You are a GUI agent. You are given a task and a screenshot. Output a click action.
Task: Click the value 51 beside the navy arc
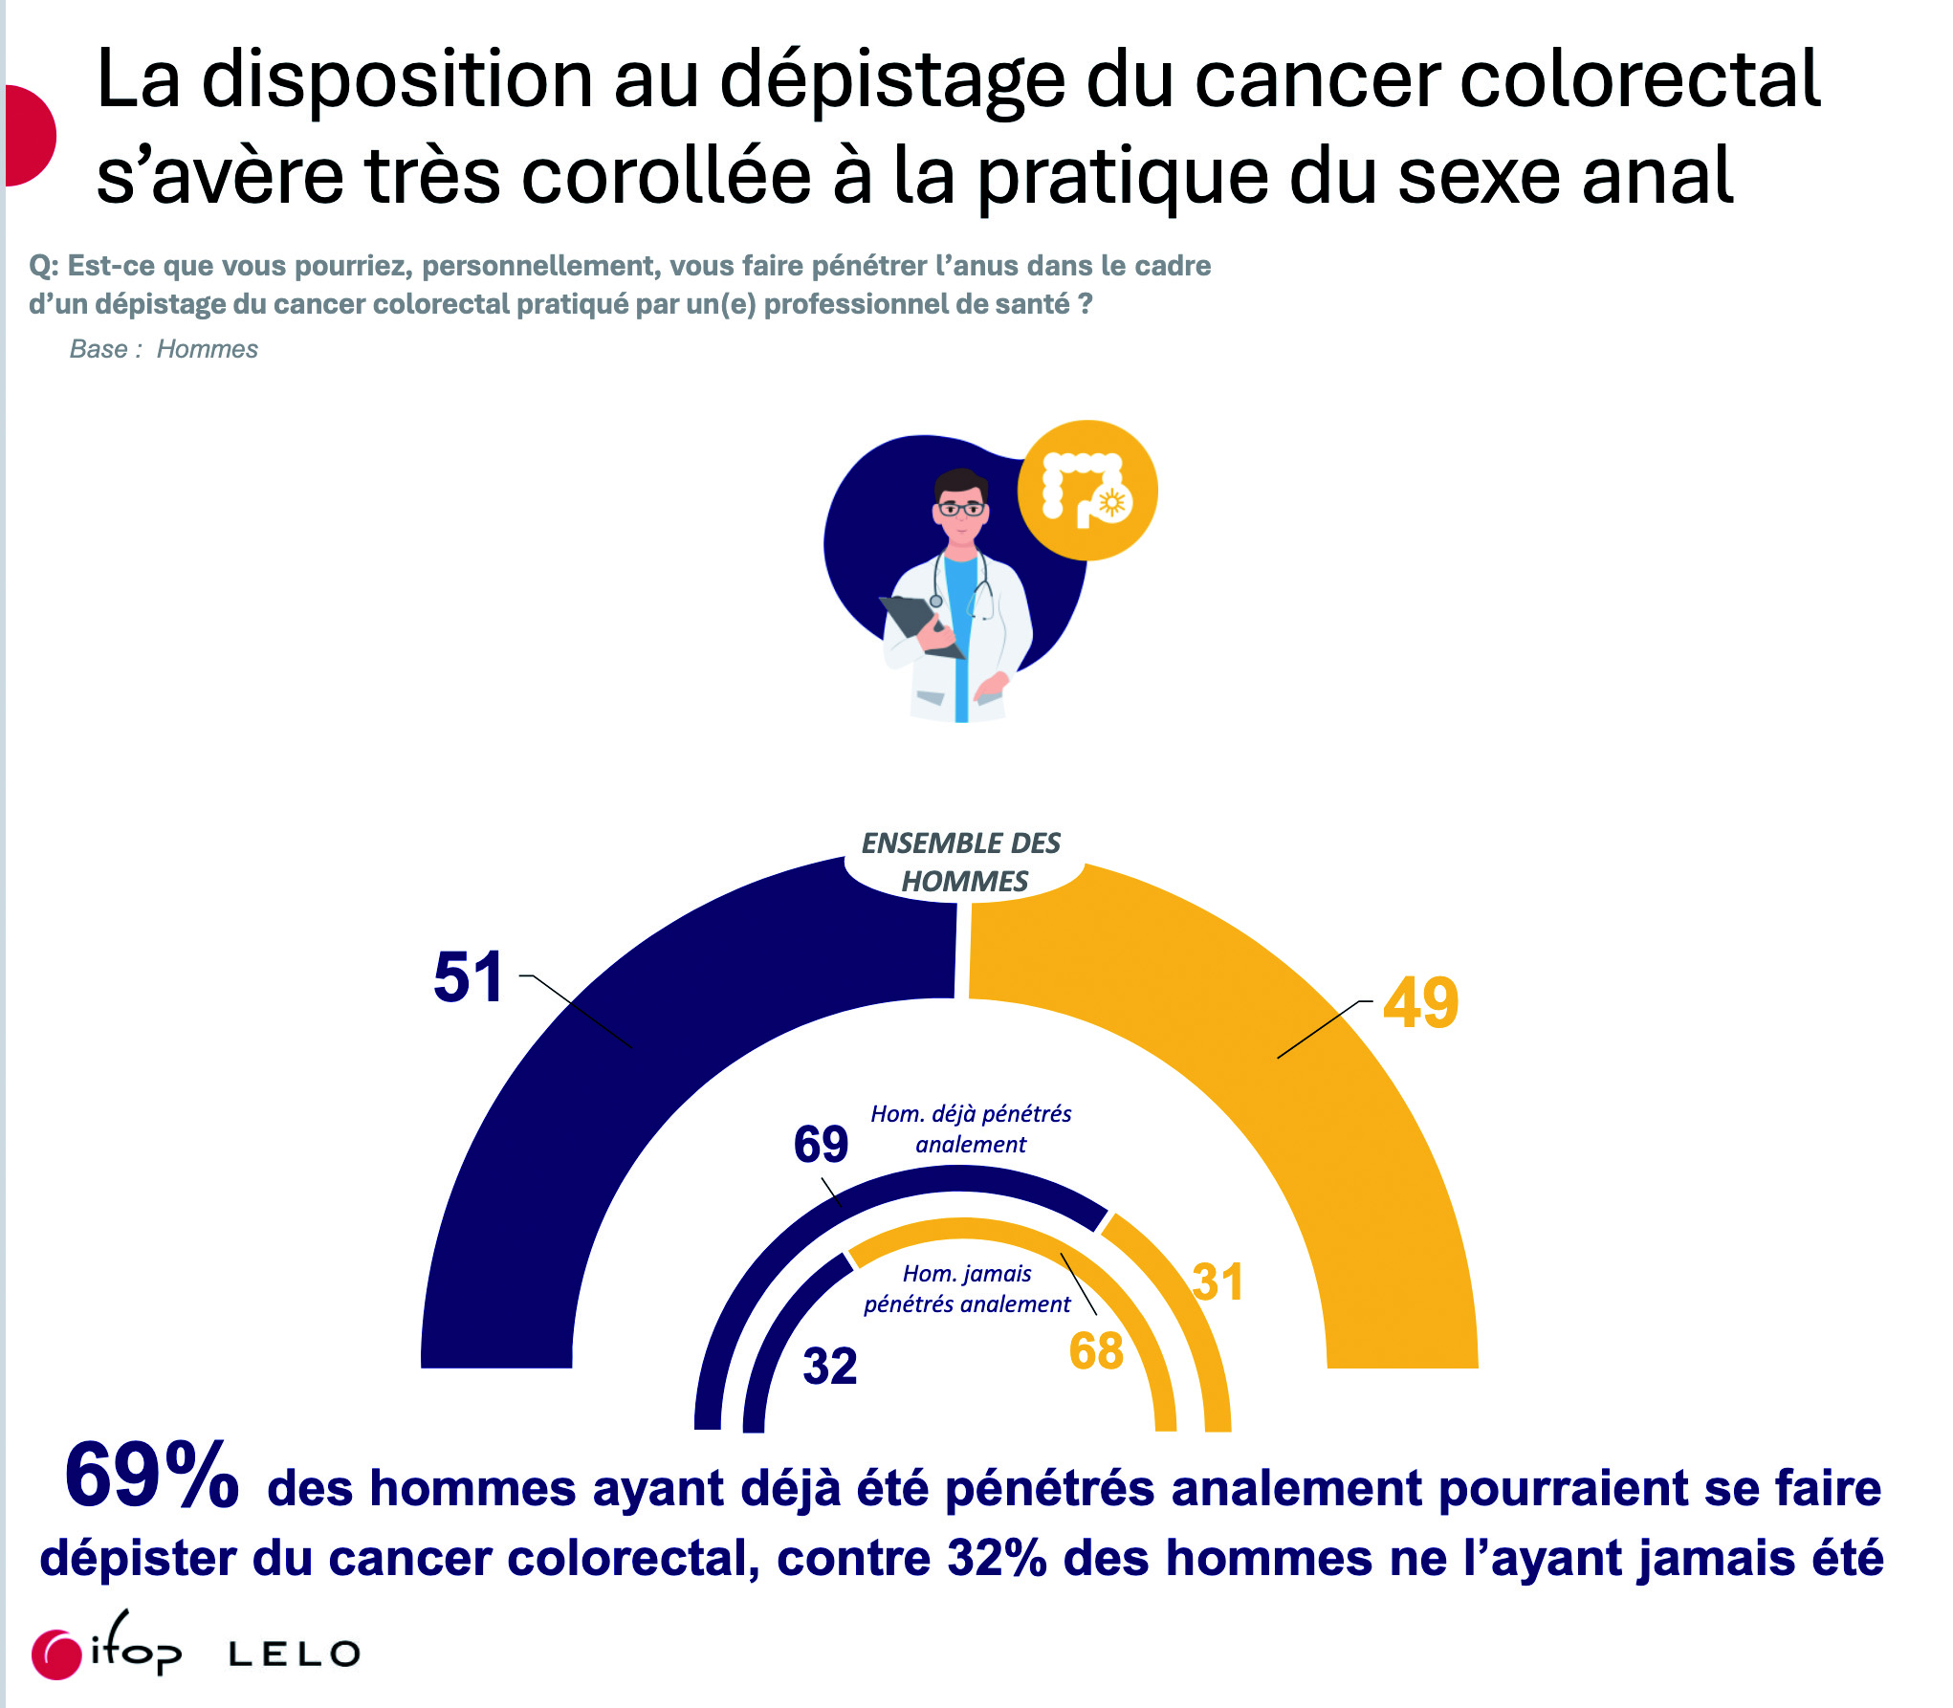click(468, 977)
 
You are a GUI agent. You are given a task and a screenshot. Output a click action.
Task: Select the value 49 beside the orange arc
click(1420, 1003)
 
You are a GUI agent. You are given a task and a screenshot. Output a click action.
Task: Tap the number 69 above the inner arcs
click(821, 1144)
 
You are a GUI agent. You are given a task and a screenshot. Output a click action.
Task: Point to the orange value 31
click(1218, 1282)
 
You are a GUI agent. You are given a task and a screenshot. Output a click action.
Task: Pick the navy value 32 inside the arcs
click(829, 1366)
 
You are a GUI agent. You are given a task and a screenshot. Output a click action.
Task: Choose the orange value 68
click(1096, 1351)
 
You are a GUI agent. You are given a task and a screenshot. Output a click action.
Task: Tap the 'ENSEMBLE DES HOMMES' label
click(962, 862)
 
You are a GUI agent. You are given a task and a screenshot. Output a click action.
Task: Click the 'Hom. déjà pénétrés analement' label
click(971, 1128)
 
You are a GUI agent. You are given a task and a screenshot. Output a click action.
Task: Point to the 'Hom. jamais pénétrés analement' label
click(967, 1288)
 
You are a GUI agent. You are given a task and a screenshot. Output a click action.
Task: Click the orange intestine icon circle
click(1086, 491)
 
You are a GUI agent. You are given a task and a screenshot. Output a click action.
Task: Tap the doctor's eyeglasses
click(960, 509)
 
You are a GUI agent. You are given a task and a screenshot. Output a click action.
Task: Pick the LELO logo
click(295, 1654)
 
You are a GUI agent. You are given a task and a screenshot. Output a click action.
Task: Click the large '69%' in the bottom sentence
click(151, 1476)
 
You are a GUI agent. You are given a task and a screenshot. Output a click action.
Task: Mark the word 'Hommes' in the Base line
click(207, 349)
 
